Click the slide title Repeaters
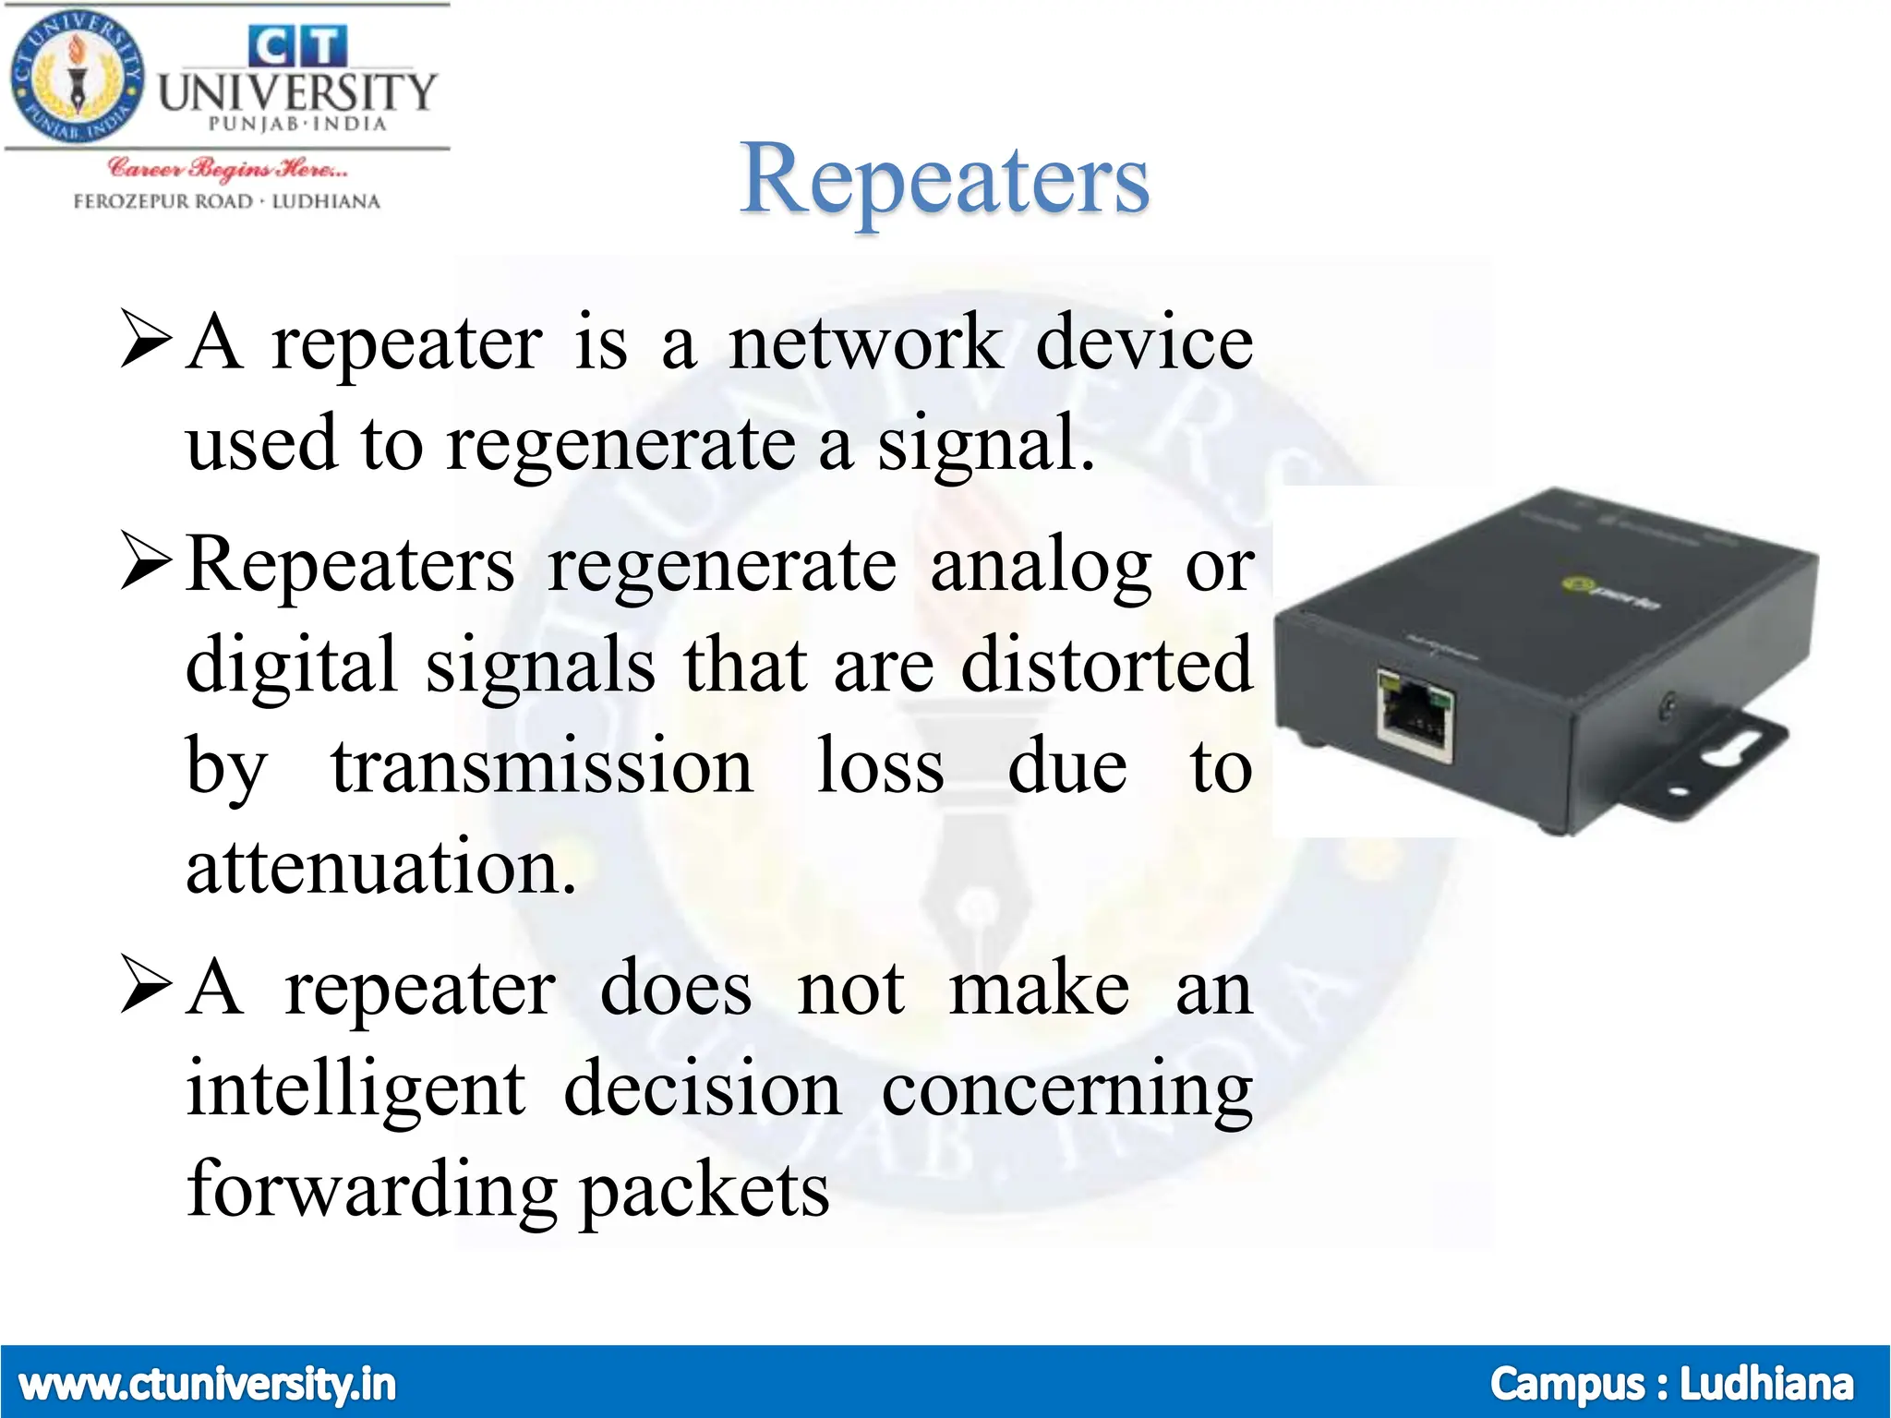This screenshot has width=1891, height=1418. tap(944, 180)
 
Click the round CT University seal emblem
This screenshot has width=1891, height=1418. tap(78, 78)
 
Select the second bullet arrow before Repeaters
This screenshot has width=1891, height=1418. tap(146, 564)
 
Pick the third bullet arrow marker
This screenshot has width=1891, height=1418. tap(146, 987)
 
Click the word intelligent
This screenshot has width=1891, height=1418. tap(356, 1089)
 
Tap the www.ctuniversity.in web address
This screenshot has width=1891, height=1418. tap(207, 1384)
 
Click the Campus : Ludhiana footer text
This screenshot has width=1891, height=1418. tap(1671, 1384)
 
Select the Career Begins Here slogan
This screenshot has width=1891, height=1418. tap(227, 169)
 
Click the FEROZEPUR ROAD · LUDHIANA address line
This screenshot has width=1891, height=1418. tap(227, 201)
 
